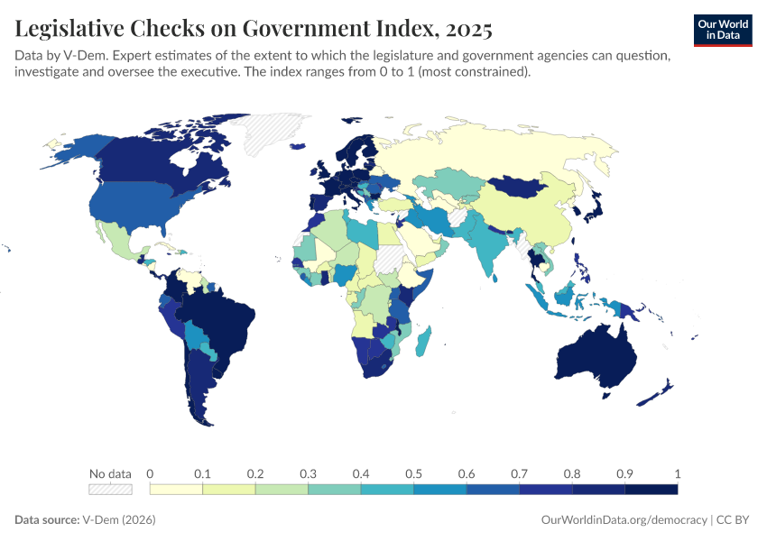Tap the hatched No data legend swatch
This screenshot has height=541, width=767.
[x=110, y=490]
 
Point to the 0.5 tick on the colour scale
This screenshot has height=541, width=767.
[x=413, y=473]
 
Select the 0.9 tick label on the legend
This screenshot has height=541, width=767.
[x=624, y=473]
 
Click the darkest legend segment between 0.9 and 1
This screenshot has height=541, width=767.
[x=651, y=490]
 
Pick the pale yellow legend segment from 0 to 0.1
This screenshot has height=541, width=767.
[x=176, y=490]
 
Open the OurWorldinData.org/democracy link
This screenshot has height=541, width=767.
[x=624, y=520]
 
